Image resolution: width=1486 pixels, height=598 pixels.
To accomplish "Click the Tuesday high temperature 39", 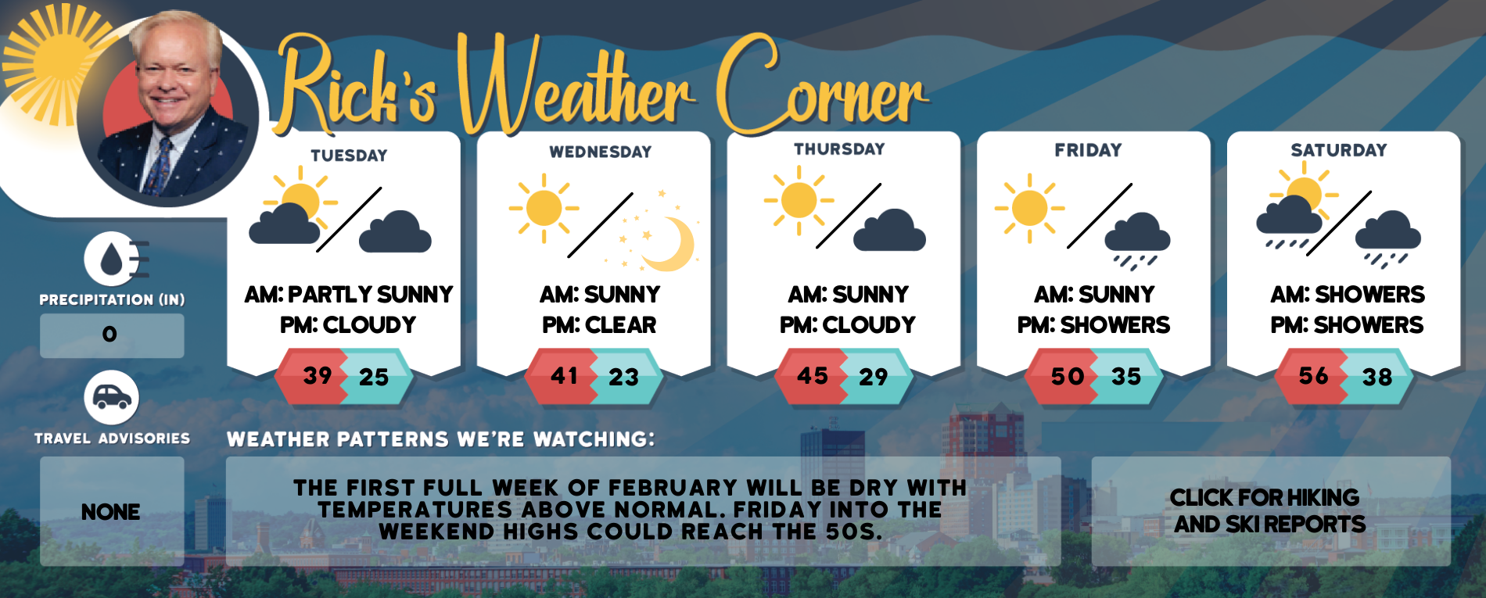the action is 318,375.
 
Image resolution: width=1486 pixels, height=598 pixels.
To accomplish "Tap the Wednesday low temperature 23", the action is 624,378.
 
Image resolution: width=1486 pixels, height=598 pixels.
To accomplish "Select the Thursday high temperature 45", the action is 813,376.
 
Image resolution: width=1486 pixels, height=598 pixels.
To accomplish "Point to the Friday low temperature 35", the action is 1126,377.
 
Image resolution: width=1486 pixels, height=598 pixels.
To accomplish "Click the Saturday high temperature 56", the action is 1314,376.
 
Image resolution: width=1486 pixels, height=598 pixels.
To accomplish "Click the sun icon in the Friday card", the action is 1029,208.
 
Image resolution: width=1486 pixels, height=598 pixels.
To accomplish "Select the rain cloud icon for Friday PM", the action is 1137,241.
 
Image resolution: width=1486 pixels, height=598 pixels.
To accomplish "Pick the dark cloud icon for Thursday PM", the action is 889,230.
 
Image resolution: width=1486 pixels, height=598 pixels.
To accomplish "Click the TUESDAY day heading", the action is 349,156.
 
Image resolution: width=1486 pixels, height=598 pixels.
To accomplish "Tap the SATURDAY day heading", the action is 1339,150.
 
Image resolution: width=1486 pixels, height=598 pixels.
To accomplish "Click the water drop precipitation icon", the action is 113,259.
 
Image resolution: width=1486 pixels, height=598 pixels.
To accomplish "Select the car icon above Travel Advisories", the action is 112,398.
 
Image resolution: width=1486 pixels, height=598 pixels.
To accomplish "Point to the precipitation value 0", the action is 109,335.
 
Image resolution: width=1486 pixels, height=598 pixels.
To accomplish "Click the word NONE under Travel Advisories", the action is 111,512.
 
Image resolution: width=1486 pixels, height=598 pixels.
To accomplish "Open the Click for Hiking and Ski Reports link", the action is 1269,510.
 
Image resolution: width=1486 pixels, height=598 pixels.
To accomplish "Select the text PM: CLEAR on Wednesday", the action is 599,324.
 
